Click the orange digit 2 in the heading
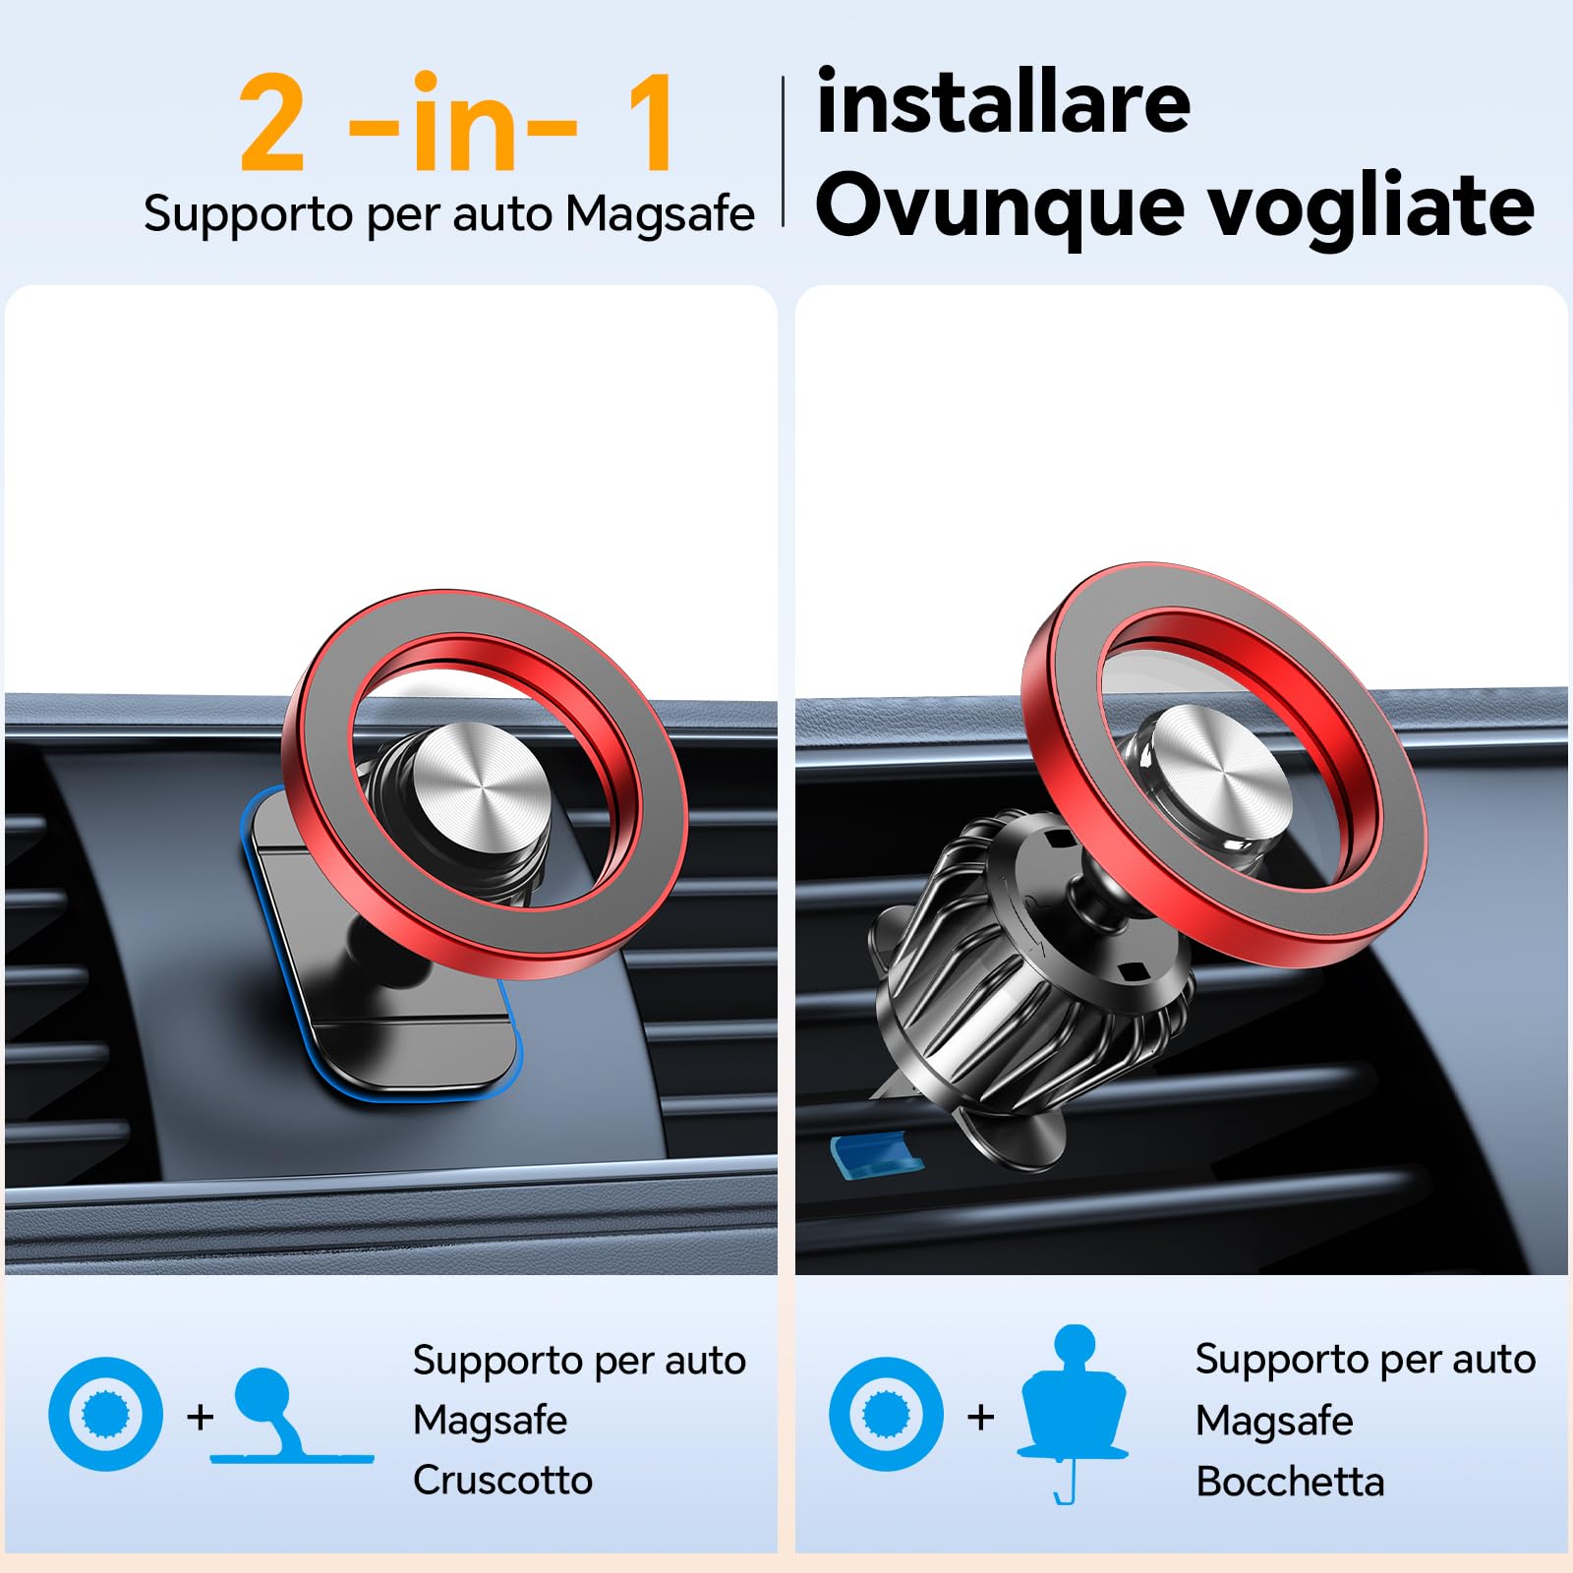[x=271, y=126]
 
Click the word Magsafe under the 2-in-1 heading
[x=660, y=214]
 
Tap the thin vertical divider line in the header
[x=784, y=151]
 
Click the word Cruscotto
[x=502, y=1480]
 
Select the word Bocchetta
[x=1290, y=1481]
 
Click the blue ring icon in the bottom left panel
[x=106, y=1414]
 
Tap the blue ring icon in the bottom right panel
[x=886, y=1414]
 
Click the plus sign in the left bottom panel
[x=201, y=1417]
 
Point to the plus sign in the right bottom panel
[x=980, y=1417]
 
